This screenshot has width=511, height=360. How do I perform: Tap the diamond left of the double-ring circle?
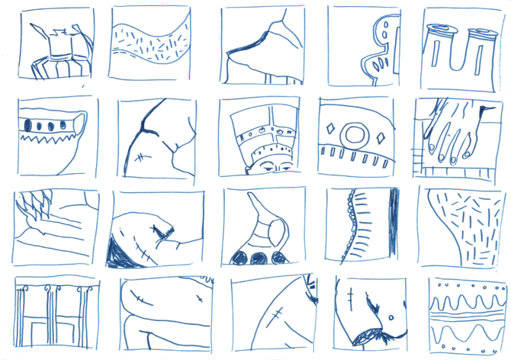coord(329,128)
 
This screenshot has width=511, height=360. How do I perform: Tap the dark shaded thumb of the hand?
coord(483,114)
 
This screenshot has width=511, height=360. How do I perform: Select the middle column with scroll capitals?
coord(51,313)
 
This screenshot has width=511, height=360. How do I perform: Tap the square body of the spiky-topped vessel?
coord(58,47)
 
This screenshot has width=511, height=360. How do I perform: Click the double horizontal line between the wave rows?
coord(468,311)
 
